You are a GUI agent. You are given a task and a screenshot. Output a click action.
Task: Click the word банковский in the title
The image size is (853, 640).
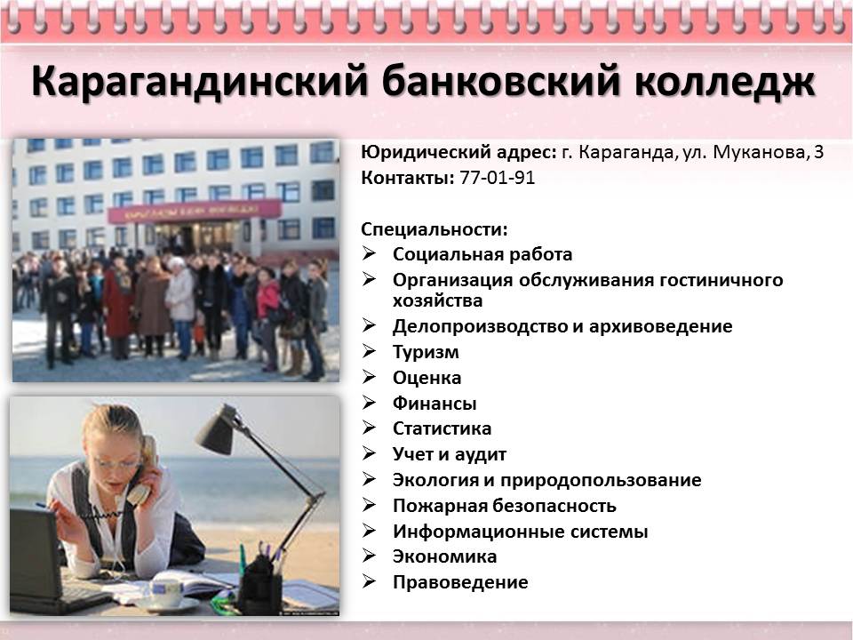point(500,82)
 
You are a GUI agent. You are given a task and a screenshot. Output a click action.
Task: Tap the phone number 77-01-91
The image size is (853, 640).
point(498,178)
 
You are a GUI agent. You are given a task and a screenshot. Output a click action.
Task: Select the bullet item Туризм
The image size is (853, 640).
point(426,352)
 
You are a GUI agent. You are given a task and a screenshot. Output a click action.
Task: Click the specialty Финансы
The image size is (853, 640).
point(434,404)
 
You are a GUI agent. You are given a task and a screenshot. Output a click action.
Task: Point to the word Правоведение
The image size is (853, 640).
point(460,582)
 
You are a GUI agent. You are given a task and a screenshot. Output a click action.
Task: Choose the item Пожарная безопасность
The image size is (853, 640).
point(505,506)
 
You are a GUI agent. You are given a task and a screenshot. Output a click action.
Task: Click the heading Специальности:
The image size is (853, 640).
point(434,229)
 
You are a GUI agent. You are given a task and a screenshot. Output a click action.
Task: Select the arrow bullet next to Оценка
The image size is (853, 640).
point(370,377)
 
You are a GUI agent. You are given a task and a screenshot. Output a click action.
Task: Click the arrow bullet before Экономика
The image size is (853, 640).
point(370,556)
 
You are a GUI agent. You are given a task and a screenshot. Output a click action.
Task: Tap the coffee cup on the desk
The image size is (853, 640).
point(166,592)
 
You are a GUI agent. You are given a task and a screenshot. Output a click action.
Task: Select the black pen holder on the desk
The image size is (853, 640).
point(260,587)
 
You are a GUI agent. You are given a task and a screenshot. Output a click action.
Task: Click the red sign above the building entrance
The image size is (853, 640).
point(195,211)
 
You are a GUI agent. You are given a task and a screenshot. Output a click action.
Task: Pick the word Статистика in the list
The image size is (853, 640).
point(442,428)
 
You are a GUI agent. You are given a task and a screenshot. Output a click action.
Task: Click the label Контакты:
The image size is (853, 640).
point(408,178)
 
